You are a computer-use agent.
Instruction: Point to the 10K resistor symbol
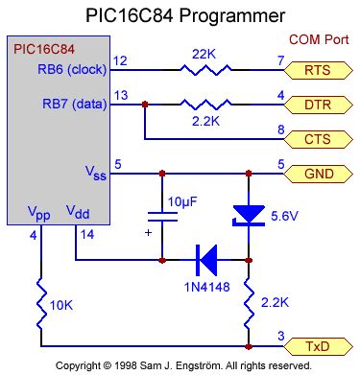pos(39,304)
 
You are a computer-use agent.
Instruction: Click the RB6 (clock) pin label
pos(73,69)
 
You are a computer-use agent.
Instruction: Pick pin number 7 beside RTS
pos(281,60)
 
